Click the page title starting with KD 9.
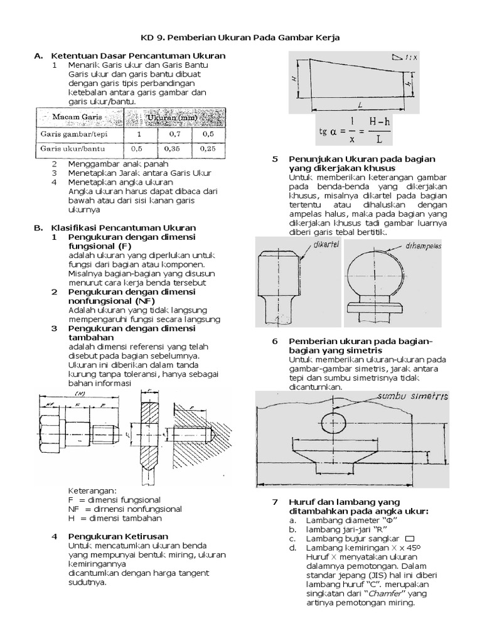pos(241,38)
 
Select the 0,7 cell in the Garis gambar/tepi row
pos(171,134)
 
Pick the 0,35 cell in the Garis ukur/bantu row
pos(171,149)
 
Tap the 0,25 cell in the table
pos(208,149)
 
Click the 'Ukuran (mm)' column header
pos(171,117)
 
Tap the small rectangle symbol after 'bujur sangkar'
pos(410,538)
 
